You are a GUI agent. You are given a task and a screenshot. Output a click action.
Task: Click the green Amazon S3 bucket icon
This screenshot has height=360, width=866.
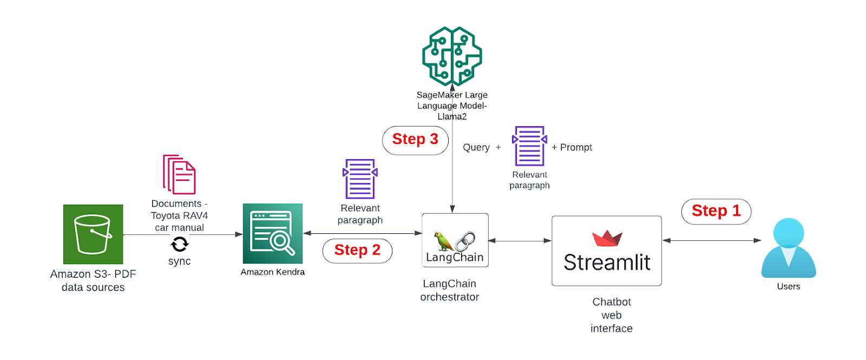93,234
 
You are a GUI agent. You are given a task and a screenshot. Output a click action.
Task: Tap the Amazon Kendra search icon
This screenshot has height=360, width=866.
272,233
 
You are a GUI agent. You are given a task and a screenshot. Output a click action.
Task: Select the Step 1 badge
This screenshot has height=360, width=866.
716,211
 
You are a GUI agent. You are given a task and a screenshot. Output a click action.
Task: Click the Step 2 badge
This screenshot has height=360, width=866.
357,251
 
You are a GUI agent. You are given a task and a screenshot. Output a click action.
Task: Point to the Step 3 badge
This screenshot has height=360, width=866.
415,140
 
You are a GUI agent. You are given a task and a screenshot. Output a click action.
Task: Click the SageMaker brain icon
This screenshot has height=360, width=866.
452,56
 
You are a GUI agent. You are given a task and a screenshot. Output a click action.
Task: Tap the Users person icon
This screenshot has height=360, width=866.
788,248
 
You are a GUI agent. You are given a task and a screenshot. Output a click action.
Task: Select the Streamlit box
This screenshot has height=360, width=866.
606,251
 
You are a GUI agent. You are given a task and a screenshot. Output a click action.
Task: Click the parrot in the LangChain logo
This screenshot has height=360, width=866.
443,241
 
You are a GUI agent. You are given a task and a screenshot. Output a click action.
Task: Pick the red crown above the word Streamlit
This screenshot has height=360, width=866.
607,238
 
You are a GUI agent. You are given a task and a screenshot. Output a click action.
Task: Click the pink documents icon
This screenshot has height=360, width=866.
179,174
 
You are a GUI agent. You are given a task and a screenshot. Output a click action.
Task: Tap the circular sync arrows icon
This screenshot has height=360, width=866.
179,245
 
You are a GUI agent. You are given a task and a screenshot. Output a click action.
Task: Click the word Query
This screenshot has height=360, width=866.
476,147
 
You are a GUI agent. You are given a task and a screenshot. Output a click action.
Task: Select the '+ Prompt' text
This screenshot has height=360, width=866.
572,147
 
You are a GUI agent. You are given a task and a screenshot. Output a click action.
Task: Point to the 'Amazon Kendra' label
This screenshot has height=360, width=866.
272,272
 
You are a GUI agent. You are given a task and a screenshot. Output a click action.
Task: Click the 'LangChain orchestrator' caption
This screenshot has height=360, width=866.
450,290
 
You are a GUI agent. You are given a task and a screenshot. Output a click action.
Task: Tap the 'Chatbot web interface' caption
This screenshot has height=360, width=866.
612,315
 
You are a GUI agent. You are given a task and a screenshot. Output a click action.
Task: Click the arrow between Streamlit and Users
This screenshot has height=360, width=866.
712,240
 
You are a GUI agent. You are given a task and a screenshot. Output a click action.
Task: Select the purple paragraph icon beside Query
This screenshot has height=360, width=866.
529,146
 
